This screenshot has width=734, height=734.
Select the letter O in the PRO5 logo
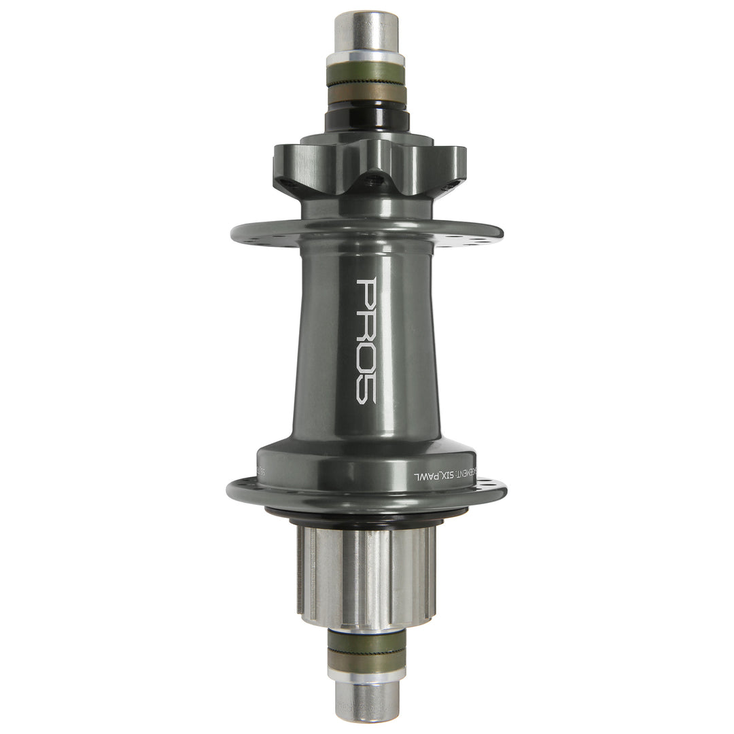tap(367, 356)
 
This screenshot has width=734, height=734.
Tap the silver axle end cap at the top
tap(366, 31)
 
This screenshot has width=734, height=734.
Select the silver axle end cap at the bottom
tap(367, 701)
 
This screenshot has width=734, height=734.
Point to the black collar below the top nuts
tap(366, 120)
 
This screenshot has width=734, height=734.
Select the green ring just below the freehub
tap(367, 642)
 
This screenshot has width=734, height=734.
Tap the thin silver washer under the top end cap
tap(366, 59)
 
